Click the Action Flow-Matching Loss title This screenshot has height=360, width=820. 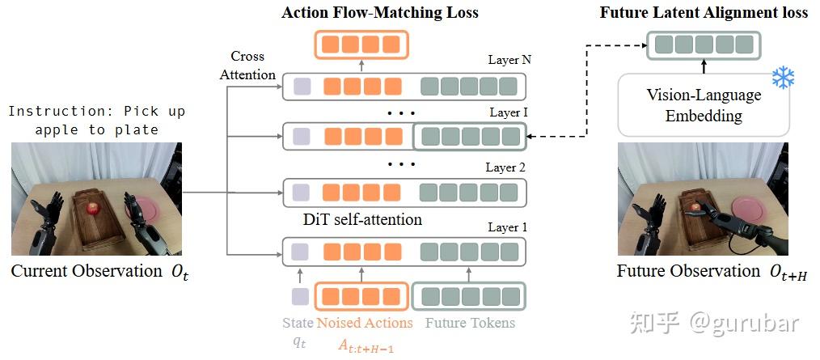click(x=379, y=12)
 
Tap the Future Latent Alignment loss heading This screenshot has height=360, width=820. click(x=704, y=12)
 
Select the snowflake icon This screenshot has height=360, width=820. click(x=783, y=78)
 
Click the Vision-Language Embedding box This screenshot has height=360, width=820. click(x=703, y=105)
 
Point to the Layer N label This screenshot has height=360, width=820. click(x=509, y=60)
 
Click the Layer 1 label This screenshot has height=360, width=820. click(x=508, y=227)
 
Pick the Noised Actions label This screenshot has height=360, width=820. click(x=364, y=323)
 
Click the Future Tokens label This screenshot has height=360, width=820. click(x=468, y=323)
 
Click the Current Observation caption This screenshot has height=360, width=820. click(x=87, y=271)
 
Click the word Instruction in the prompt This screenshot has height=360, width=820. click(x=48, y=112)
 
